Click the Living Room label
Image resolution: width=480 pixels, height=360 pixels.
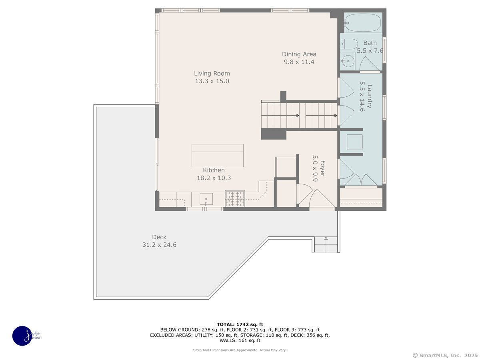point(212,74)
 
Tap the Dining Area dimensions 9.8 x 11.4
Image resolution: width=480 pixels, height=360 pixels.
point(299,62)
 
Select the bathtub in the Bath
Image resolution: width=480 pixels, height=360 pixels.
point(363,22)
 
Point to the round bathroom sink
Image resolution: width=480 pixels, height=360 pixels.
point(348,61)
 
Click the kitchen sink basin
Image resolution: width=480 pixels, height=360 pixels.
point(206,199)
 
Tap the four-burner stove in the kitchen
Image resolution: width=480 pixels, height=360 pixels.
point(235,198)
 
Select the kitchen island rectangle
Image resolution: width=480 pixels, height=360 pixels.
point(217,156)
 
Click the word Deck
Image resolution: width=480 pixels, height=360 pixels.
point(159,237)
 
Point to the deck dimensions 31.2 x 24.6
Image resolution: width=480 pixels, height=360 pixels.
point(159,244)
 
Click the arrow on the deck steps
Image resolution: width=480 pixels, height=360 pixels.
point(326,244)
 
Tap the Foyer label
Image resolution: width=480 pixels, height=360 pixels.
point(322,168)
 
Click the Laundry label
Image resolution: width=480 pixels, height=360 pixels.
point(369,96)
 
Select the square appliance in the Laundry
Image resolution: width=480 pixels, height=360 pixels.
point(354,142)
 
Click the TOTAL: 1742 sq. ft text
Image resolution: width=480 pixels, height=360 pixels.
point(240,324)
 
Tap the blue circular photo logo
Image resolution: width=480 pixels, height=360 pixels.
point(22,336)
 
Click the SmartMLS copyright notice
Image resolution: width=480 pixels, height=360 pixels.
point(445,356)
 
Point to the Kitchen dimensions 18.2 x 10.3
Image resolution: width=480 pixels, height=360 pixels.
point(214,178)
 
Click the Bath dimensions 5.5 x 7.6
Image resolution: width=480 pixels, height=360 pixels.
point(370,51)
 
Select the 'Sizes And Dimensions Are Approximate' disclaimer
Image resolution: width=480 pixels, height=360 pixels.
point(240,350)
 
